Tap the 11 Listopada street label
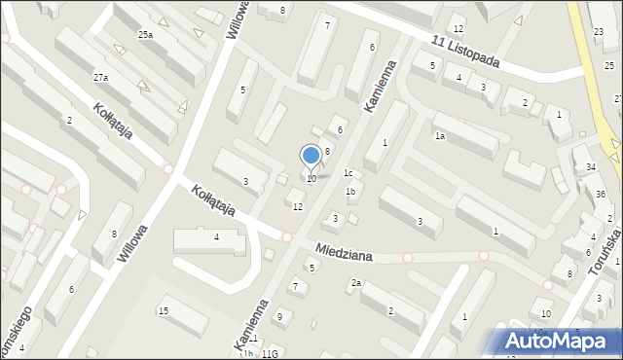466,50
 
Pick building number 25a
145,35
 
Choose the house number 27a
100,77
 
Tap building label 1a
440,136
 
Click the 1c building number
348,173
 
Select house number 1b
350,192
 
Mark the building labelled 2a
357,283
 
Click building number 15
164,310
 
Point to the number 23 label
598,33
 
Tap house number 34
591,167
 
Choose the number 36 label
601,194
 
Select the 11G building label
270,353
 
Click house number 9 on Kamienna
279,316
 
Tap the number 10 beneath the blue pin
311,179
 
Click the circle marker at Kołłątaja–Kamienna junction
287,236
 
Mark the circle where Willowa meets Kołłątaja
168,168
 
